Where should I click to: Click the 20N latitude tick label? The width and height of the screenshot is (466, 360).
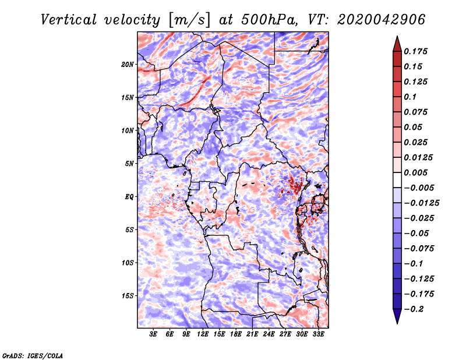tap(128, 65)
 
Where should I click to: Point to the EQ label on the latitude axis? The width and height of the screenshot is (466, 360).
tap(129, 197)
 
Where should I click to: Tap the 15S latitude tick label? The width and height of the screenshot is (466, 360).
tap(128, 296)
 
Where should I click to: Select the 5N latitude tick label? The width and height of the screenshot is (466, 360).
tap(129, 164)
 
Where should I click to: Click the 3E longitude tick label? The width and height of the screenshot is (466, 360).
tap(153, 334)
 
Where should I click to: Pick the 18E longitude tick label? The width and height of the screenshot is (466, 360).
tap(235, 334)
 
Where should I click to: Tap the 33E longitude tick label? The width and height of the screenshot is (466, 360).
tap(318, 334)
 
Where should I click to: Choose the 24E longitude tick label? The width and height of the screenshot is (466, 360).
tap(269, 334)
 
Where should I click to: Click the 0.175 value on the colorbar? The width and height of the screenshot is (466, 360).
tap(415, 51)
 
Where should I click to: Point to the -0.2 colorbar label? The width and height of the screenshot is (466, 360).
tap(414, 309)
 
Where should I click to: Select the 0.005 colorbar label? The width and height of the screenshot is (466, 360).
tap(415, 172)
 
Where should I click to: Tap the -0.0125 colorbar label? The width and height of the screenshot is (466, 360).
tap(421, 203)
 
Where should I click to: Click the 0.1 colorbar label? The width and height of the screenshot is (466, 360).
tap(410, 97)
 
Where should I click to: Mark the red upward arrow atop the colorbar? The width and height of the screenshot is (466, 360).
tap(397, 44)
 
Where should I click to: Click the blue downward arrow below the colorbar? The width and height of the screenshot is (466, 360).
tap(397, 316)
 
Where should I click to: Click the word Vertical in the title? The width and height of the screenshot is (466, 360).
tap(69, 20)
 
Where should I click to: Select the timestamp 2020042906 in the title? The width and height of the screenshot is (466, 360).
tap(382, 20)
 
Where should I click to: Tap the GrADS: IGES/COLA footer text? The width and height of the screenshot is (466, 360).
tap(33, 356)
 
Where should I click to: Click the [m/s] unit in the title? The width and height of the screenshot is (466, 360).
tap(189, 20)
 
